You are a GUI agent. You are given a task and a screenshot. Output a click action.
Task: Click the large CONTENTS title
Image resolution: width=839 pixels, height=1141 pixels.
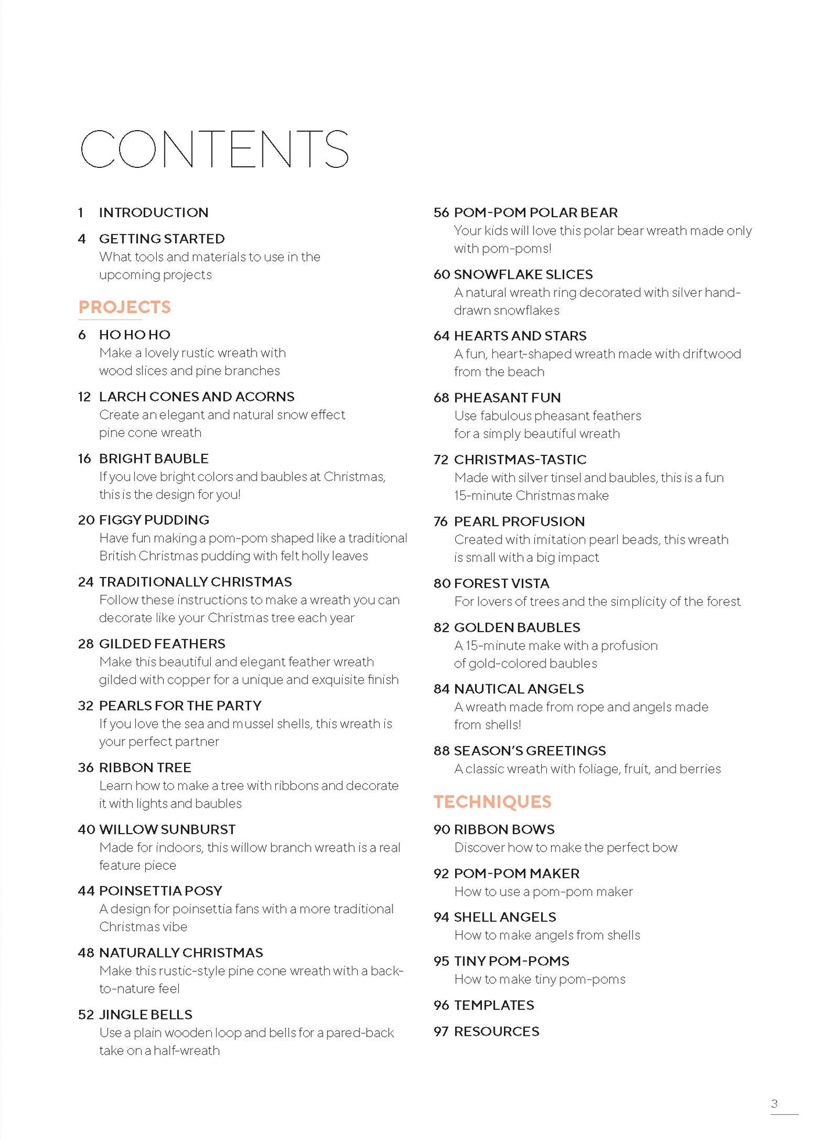(214, 149)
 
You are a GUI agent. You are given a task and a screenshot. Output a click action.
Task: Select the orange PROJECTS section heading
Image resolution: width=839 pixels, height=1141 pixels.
(125, 307)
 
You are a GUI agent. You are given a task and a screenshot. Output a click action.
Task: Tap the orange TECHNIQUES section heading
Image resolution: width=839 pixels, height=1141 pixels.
(492, 802)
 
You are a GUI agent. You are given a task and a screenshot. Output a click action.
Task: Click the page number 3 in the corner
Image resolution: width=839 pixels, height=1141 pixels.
(774, 1103)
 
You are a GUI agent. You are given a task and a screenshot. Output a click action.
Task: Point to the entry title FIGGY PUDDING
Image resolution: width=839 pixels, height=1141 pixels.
(154, 520)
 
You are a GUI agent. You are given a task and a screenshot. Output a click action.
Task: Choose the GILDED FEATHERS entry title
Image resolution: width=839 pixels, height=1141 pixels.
(162, 644)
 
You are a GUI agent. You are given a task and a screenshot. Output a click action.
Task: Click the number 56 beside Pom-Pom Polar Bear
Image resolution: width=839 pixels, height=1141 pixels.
(441, 213)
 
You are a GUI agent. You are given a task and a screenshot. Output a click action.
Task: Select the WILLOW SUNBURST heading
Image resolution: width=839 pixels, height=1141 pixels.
(167, 829)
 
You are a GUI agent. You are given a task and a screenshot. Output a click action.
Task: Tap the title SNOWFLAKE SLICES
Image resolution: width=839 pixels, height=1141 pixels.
(523, 274)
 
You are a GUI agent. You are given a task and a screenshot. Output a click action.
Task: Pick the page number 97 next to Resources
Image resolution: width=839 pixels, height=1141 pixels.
(441, 1031)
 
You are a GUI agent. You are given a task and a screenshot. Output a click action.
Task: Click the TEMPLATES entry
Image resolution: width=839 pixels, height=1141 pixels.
(494, 1005)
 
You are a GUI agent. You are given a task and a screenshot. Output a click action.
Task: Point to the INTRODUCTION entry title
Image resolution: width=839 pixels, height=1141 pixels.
(153, 213)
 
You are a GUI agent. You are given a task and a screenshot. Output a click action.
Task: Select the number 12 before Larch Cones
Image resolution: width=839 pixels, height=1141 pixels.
(85, 397)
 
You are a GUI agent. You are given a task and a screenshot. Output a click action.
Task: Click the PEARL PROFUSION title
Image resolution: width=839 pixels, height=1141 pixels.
(519, 522)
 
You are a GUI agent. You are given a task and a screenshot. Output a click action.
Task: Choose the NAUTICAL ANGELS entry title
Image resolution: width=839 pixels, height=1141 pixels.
(518, 689)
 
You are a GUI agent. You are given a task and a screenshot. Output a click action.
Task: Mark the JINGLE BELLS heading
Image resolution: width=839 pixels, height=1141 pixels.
(146, 1014)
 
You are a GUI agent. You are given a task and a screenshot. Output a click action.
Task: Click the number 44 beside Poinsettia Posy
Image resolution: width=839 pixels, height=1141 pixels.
(86, 891)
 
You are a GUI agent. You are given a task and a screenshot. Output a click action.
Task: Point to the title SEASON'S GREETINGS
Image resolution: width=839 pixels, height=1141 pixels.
(530, 751)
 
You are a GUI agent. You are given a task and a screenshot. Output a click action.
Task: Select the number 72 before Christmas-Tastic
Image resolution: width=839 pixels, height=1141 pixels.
(441, 460)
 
